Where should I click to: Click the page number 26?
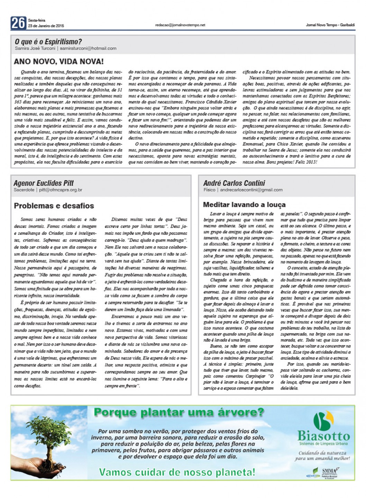pyautogui.click(x=18, y=23)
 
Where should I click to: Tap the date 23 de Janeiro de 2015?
pyautogui.click(x=46, y=26)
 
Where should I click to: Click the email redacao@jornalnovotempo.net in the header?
pyautogui.click(x=180, y=25)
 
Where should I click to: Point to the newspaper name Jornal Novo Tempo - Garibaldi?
pyautogui.click(x=330, y=25)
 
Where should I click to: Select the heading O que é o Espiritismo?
pyautogui.click(x=48, y=42)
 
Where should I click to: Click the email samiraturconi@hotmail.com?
pyautogui.click(x=88, y=48)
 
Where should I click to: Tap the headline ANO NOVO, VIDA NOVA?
pyautogui.click(x=59, y=62)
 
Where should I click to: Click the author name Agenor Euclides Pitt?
pyautogui.click(x=44, y=183)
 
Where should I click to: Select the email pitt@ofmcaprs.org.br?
pyautogui.click(x=61, y=190)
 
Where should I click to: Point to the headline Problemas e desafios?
pyautogui.click(x=54, y=206)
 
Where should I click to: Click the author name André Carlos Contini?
pyautogui.click(x=234, y=183)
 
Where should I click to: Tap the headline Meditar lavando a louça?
pyautogui.click(x=244, y=205)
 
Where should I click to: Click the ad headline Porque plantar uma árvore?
pyautogui.click(x=179, y=413)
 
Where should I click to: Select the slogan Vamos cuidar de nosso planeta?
pyautogui.click(x=177, y=472)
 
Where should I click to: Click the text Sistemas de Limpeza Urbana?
pyautogui.click(x=323, y=444)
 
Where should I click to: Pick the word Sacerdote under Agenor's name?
pyautogui.click(x=24, y=190)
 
